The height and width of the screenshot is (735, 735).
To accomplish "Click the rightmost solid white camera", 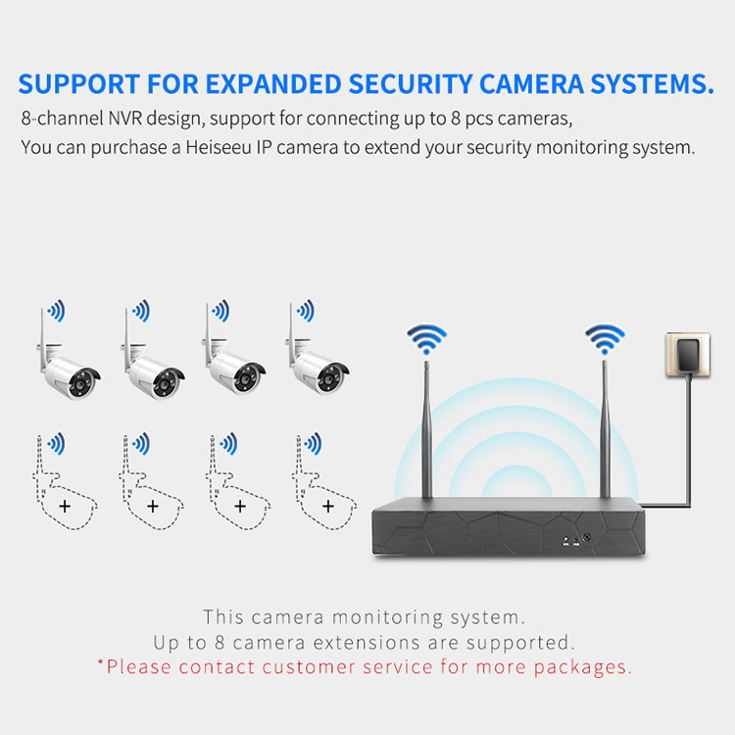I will click(x=319, y=367).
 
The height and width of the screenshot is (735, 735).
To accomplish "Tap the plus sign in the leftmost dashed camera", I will click(x=65, y=506).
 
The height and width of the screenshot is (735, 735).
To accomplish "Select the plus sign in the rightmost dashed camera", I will click(x=327, y=506).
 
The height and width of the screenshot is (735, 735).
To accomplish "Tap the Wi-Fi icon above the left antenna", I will click(x=426, y=340).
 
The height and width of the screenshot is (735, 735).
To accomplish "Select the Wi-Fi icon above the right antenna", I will click(x=605, y=340).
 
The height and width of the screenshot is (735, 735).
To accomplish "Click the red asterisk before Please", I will click(x=100, y=664).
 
